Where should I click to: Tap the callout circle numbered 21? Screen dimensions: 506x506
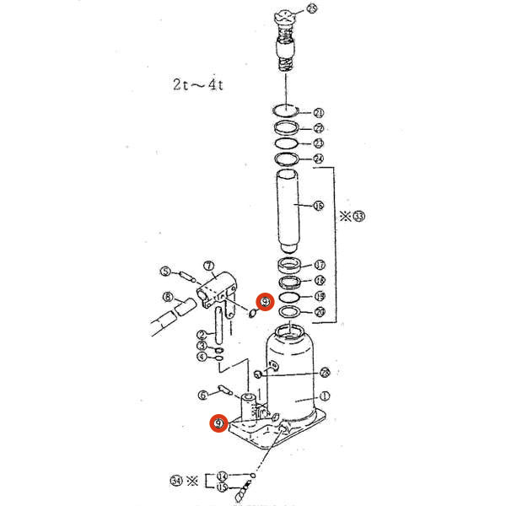[318, 112]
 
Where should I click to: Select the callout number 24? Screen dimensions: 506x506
[318, 159]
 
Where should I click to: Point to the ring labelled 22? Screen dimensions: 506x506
[287, 128]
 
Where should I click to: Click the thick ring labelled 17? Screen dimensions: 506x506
[291, 266]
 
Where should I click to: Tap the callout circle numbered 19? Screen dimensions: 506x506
[319, 296]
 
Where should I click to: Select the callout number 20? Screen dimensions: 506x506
[319, 312]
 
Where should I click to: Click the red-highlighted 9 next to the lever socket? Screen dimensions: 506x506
[264, 301]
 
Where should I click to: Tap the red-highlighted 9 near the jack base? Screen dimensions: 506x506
[218, 423]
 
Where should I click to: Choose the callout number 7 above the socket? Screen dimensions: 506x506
[207, 266]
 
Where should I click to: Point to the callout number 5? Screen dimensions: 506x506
[166, 272]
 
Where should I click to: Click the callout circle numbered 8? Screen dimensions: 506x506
[169, 297]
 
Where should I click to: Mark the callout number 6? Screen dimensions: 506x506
[202, 395]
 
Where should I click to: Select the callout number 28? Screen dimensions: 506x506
[325, 372]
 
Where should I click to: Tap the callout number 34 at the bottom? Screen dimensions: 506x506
[175, 481]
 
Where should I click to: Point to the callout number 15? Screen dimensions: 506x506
[223, 487]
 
